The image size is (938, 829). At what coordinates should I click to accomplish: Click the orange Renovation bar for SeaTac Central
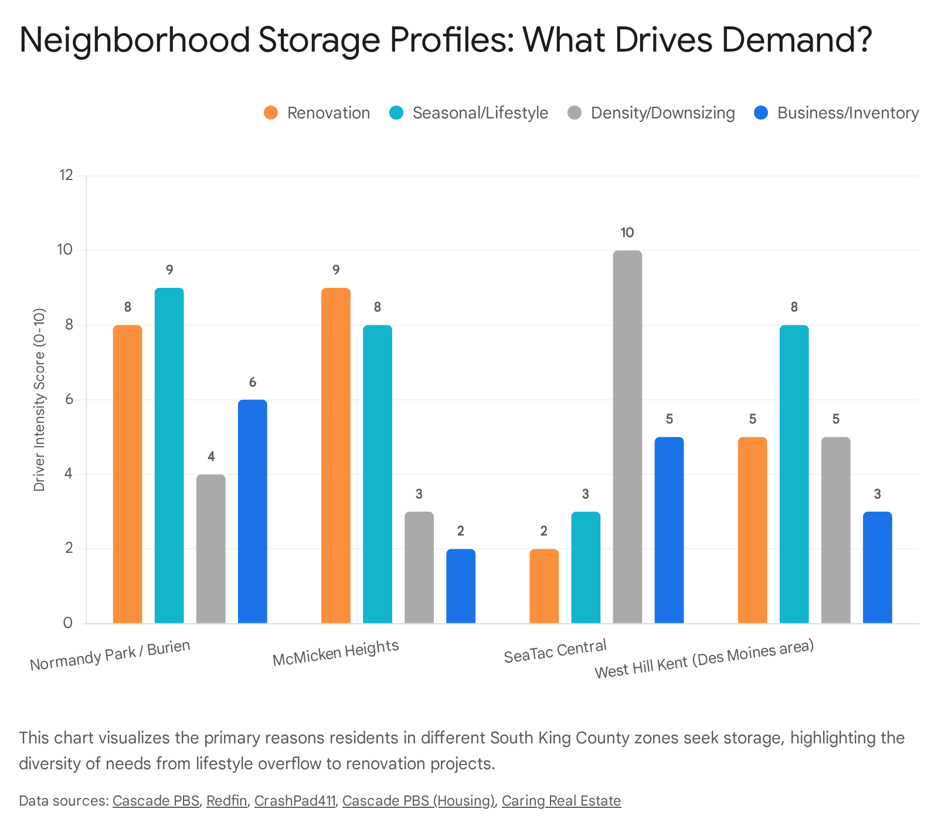point(544,586)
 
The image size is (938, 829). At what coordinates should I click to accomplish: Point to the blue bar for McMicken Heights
point(461,586)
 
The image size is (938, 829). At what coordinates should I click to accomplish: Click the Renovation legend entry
point(317,113)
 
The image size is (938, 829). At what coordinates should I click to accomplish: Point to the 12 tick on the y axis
point(66,175)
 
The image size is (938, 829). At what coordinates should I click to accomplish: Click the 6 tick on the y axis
point(69,399)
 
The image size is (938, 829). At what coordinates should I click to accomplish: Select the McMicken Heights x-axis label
point(336,653)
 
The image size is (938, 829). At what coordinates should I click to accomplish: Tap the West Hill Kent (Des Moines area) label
point(704,660)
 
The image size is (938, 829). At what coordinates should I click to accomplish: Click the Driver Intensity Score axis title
point(39,399)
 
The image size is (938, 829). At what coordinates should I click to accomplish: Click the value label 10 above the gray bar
point(627,233)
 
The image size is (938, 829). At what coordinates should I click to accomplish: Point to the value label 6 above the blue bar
point(253,382)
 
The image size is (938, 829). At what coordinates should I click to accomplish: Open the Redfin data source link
point(226,801)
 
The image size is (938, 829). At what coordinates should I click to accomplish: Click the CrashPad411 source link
point(295,801)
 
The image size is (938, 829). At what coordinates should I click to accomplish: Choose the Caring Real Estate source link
point(561,801)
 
